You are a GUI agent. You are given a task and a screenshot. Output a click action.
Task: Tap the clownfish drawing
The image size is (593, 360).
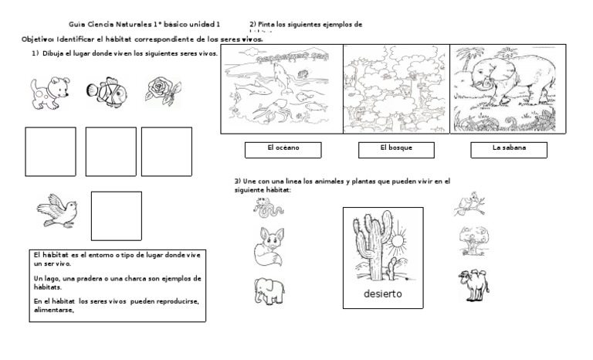click(x=107, y=93)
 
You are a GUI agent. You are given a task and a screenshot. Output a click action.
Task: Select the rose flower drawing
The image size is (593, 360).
click(x=163, y=91)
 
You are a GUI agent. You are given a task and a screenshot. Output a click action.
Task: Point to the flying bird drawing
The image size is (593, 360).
click(x=57, y=210)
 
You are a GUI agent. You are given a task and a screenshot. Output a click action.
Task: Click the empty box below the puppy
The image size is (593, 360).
click(x=51, y=151)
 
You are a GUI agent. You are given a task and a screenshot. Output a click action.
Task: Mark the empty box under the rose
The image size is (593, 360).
click(x=166, y=151)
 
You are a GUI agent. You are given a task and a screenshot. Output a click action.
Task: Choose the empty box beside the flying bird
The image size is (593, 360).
click(x=117, y=216)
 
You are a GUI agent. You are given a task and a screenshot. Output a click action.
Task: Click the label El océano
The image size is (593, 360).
click(x=283, y=149)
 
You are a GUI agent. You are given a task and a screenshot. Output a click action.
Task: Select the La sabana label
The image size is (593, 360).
click(x=509, y=149)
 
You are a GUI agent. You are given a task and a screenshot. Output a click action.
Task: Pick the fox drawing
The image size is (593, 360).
click(x=269, y=246)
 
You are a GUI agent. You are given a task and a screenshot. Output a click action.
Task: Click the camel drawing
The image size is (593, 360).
click(x=473, y=284)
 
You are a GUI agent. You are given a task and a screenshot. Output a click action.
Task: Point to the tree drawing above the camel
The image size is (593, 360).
click(x=473, y=239)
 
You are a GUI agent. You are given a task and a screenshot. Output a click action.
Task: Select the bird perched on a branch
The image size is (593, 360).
click(x=469, y=205)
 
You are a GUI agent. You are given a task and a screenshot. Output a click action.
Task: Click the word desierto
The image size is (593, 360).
click(x=383, y=295)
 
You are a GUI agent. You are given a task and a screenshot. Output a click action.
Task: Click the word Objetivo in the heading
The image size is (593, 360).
click(x=37, y=39)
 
